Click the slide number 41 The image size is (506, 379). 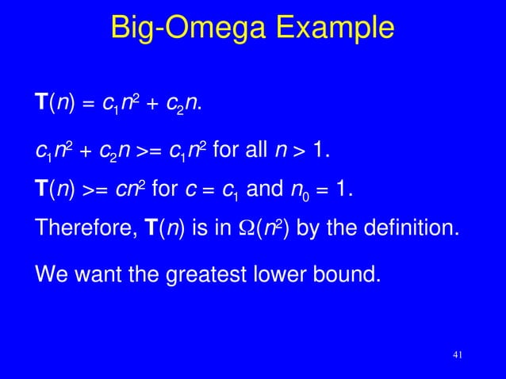456,354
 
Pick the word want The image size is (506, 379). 98,277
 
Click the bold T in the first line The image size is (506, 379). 41,103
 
